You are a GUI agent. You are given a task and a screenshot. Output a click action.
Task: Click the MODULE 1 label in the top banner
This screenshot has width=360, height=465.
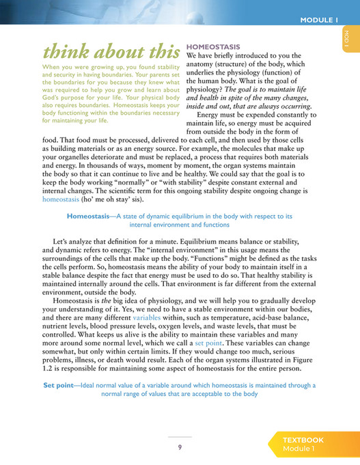click(319, 20)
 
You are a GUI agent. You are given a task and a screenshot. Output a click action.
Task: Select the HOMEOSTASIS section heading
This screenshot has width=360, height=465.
click(213, 46)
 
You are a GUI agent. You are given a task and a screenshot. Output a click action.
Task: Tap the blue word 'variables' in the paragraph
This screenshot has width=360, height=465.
click(147, 318)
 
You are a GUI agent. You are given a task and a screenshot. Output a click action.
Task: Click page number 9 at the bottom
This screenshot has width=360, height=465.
click(180, 447)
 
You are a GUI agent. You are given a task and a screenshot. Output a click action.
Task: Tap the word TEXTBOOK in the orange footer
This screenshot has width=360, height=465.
click(303, 440)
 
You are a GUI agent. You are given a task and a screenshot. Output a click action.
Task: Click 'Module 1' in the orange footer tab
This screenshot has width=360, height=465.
click(299, 449)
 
